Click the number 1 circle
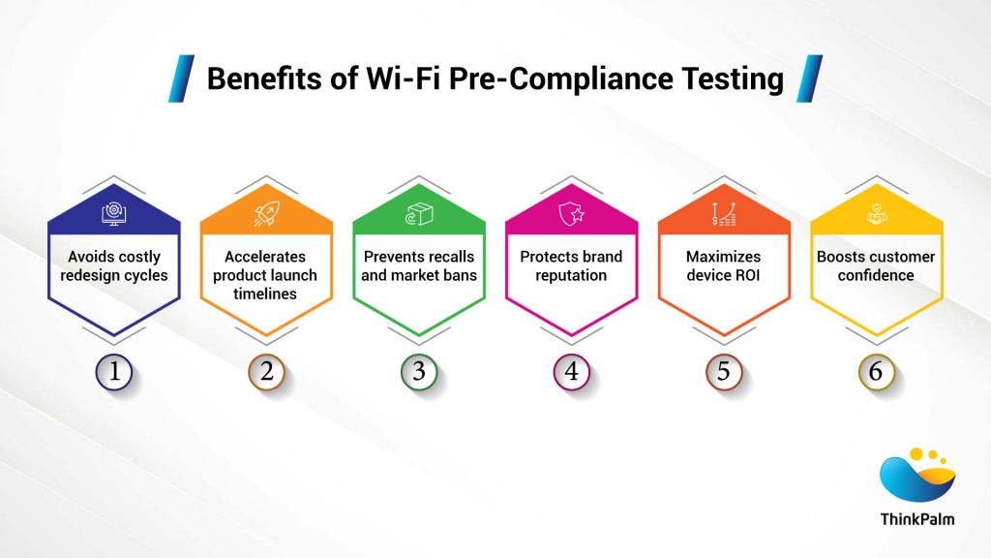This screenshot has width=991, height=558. pyautogui.click(x=114, y=372)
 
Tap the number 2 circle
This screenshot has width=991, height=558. pyautogui.click(x=266, y=372)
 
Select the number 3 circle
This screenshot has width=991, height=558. pyautogui.click(x=419, y=372)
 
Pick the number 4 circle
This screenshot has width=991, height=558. pyautogui.click(x=571, y=372)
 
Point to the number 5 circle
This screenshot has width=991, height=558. pyautogui.click(x=724, y=372)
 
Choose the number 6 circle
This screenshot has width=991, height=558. pyautogui.click(x=876, y=372)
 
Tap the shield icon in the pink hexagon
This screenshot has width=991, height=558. pyautogui.click(x=571, y=214)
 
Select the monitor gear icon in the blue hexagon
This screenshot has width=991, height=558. pyautogui.click(x=114, y=214)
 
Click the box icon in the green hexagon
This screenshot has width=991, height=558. pyautogui.click(x=419, y=214)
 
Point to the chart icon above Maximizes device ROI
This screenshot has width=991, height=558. pyautogui.click(x=724, y=214)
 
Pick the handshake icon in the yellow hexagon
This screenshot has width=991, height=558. pyautogui.click(x=876, y=214)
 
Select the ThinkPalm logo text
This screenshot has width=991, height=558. pyautogui.click(x=917, y=518)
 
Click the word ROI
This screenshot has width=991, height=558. pyautogui.click(x=747, y=275)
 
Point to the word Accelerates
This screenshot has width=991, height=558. pyautogui.click(x=266, y=257)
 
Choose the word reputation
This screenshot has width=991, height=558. pyautogui.click(x=571, y=275)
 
